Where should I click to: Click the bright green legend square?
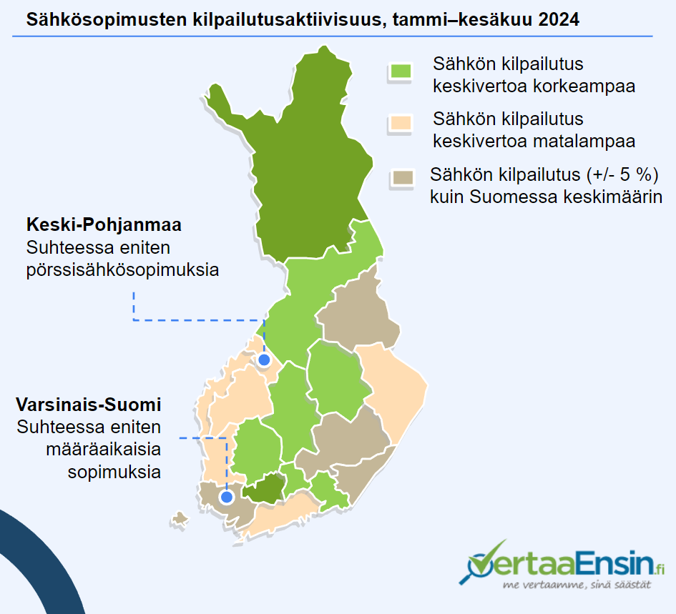click(x=401, y=71)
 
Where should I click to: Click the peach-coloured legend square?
click(x=401, y=123)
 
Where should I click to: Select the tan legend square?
click(x=403, y=177)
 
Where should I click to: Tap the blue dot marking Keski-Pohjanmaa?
click(x=264, y=360)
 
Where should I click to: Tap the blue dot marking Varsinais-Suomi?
click(x=227, y=497)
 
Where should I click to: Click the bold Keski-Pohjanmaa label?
click(x=104, y=224)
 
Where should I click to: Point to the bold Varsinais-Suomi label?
click(x=89, y=405)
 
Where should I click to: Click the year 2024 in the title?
click(x=559, y=20)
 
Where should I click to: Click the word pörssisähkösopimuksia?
click(x=122, y=270)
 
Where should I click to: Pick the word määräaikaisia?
click(x=104, y=450)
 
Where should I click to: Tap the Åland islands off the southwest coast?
click(x=180, y=520)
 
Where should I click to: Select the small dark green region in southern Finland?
click(x=264, y=489)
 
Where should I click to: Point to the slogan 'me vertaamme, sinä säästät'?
click(x=577, y=585)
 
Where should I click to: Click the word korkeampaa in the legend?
click(x=584, y=86)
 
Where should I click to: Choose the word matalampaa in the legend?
click(x=584, y=141)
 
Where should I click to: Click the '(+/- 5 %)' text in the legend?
click(x=622, y=174)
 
